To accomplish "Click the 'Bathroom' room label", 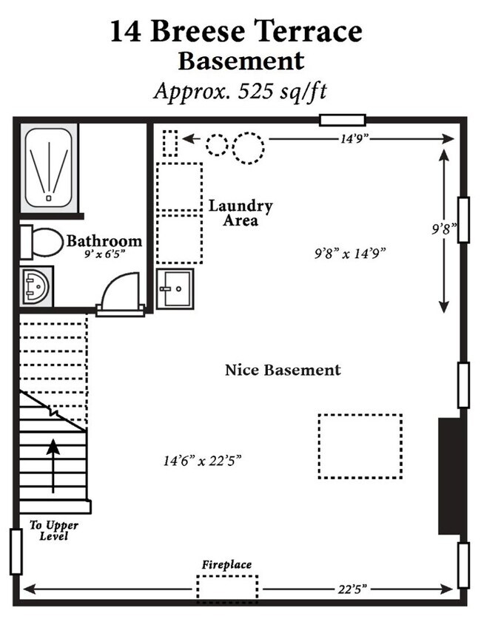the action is [x=104, y=241].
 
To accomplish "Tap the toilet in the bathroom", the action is [x=41, y=242].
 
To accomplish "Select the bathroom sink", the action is [x=36, y=286].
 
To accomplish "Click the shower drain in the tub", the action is [x=48, y=198].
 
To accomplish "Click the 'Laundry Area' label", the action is [x=240, y=213].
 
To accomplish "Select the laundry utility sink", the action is [x=175, y=288].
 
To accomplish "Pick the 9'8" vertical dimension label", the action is [x=444, y=229].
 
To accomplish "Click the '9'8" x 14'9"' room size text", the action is [x=350, y=253].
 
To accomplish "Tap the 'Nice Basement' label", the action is [x=283, y=370].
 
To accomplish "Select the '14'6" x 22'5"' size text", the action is [x=203, y=461].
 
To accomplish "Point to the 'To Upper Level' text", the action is [x=53, y=531].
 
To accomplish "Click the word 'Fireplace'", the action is [x=226, y=564].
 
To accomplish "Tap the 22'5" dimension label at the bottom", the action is [x=352, y=589].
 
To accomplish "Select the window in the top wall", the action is [x=343, y=121].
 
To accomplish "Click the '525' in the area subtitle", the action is [x=255, y=92].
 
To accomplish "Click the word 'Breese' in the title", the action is [x=198, y=31].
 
